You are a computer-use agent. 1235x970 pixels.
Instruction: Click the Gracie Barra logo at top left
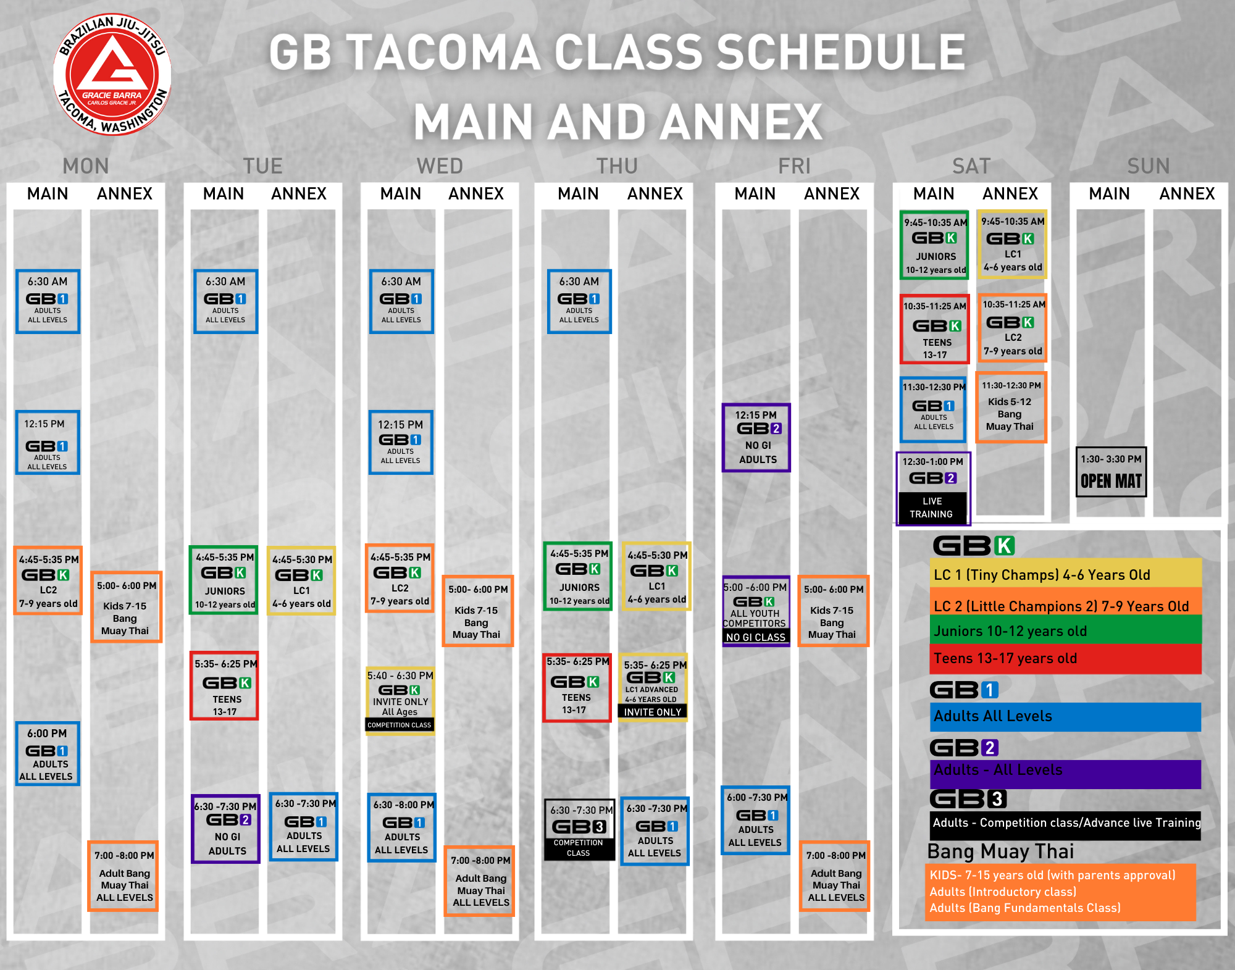click(112, 74)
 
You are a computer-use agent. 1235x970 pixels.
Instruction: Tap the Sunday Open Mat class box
click(1111, 472)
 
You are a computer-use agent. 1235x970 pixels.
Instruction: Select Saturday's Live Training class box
click(933, 488)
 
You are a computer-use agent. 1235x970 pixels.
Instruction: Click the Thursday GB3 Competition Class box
click(579, 830)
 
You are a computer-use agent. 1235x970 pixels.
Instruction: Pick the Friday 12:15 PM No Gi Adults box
click(756, 438)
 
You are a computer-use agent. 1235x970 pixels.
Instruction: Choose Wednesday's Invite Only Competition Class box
click(400, 700)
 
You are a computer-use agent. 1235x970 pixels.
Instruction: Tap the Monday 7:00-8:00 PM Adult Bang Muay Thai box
click(124, 876)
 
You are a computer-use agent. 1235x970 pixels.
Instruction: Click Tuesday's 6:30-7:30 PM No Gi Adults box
click(226, 829)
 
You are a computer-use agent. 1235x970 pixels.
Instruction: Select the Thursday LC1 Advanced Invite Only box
click(653, 687)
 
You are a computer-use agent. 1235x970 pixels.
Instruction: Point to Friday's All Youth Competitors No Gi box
click(756, 611)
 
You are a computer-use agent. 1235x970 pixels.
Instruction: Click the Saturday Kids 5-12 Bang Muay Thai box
click(1011, 408)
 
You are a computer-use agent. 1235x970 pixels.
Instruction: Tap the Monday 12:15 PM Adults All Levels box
click(48, 442)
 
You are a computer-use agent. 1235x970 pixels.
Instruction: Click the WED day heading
click(440, 166)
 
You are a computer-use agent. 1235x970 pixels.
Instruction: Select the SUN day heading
click(1149, 166)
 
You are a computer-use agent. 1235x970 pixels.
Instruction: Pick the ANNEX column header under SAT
click(1010, 194)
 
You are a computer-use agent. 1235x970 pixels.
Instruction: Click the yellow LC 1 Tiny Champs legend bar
click(1065, 574)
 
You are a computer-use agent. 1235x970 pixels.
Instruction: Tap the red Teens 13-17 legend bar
click(1065, 659)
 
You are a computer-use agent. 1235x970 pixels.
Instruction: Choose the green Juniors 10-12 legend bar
click(1065, 630)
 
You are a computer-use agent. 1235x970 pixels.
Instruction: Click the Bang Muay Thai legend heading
click(1000, 851)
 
